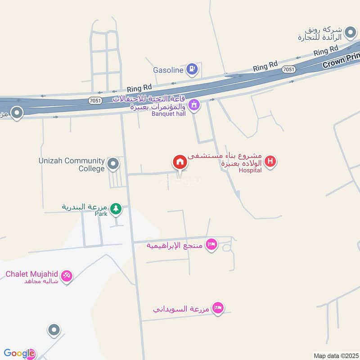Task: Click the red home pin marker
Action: click(x=180, y=162)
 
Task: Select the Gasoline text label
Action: click(x=168, y=70)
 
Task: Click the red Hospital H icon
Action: click(x=270, y=161)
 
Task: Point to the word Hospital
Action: click(x=250, y=171)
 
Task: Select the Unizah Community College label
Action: click(x=72, y=165)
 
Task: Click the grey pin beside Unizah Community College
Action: click(x=113, y=164)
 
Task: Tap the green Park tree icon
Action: click(x=117, y=208)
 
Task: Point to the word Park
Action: click(x=101, y=214)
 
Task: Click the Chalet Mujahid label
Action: click(x=31, y=274)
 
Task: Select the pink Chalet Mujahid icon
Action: click(x=67, y=275)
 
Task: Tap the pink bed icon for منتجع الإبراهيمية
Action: click(x=211, y=245)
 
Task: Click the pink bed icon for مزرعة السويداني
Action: click(x=218, y=308)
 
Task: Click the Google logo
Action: click(x=19, y=354)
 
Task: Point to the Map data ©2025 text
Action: click(x=335, y=355)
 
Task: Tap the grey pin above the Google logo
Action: click(x=54, y=331)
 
